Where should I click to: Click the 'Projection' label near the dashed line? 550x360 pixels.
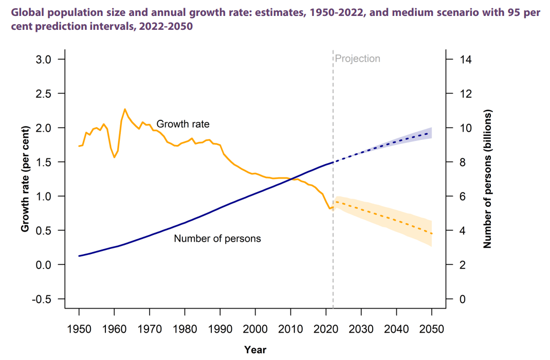pos(358,59)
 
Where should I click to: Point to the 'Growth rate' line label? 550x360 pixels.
pos(183,124)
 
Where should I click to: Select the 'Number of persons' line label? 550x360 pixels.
pos(217,239)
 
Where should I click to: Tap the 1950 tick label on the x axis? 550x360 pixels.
pos(79,328)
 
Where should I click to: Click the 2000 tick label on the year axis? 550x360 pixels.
pos(255,328)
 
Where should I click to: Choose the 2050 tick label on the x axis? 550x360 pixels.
pos(432,328)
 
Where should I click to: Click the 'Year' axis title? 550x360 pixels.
pos(255,350)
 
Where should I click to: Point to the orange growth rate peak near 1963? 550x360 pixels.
pos(125,109)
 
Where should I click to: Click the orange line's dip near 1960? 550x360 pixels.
pos(114,157)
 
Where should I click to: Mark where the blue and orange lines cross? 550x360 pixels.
pos(292,179)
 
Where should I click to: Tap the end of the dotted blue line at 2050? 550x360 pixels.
pos(432,133)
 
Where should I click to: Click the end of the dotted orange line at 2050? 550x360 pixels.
pos(432,233)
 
